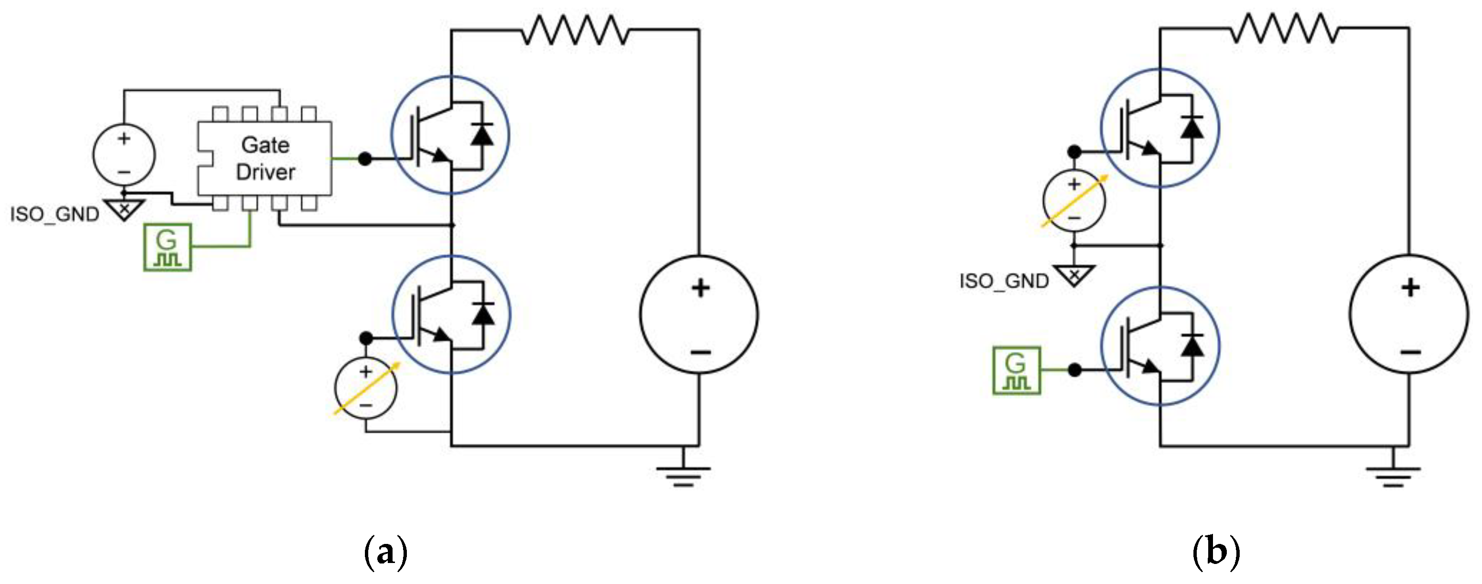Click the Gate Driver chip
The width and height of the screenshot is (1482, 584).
coord(265,158)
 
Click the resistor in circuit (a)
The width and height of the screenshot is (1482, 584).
coord(575,30)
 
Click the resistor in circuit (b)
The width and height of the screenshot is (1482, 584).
coord(1284,29)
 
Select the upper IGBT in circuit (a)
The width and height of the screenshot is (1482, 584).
coord(450,135)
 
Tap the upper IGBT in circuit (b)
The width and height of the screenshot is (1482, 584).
coord(1160,128)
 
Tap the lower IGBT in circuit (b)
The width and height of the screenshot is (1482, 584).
coord(1160,346)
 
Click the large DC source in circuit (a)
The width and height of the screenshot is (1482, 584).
coord(699,315)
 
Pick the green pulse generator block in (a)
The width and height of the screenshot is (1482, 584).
coord(167,248)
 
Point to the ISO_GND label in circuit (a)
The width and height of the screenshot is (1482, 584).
coord(55,215)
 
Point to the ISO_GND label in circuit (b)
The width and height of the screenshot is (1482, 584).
coord(1004,282)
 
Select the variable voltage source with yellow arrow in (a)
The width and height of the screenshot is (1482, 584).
coord(366,388)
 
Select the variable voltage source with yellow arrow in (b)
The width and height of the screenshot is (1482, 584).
coord(1074,201)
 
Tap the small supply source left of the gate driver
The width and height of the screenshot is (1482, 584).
coord(124,155)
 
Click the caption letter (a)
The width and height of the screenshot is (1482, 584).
coord(385,553)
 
